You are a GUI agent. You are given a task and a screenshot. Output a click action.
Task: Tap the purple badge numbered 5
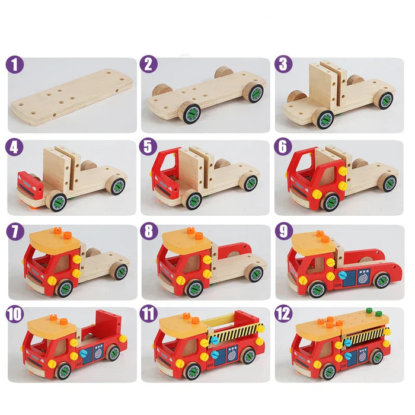click(149, 147)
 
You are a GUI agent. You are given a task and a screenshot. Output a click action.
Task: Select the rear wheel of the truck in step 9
click(381, 279)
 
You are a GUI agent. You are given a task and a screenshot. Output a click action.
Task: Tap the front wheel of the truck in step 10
click(62, 371)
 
